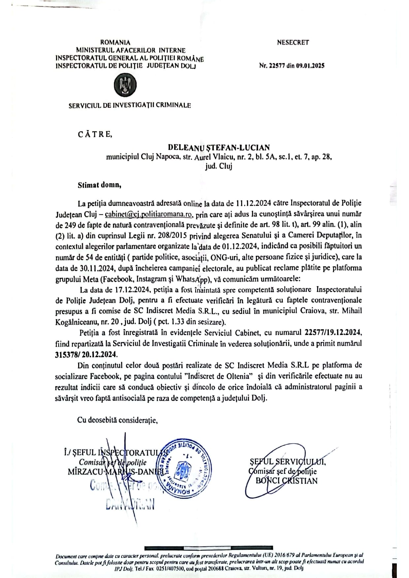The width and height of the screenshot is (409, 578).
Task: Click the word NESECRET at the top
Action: click(x=293, y=42)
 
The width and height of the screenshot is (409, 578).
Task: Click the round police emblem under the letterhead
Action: click(x=125, y=85)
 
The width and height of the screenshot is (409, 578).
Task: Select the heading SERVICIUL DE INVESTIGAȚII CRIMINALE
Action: click(x=130, y=105)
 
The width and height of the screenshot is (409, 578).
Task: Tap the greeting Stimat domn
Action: click(x=99, y=185)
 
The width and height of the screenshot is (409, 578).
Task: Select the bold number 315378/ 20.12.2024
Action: click(x=86, y=354)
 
